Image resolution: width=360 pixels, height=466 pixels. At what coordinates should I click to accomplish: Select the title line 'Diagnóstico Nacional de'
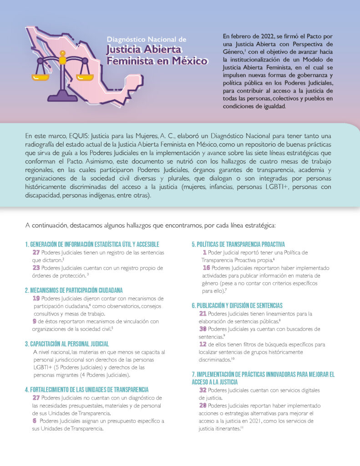(x=147, y=40)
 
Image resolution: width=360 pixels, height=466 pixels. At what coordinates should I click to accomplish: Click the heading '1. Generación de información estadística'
(x=92, y=244)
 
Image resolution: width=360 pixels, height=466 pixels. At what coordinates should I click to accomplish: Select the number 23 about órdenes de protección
(x=36, y=268)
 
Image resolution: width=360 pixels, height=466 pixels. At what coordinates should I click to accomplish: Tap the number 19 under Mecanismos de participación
(x=36, y=298)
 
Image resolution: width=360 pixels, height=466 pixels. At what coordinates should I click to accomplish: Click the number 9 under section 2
(x=35, y=321)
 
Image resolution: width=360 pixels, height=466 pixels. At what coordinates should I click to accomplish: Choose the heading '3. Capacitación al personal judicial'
(x=67, y=344)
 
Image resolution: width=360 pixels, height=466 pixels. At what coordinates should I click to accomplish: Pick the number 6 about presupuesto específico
(x=35, y=421)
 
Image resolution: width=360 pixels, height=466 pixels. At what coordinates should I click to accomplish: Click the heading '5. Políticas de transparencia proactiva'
(x=238, y=244)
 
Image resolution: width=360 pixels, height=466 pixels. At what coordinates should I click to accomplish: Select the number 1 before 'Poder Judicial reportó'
(x=205, y=252)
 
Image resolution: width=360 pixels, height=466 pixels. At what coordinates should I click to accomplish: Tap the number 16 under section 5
(x=206, y=268)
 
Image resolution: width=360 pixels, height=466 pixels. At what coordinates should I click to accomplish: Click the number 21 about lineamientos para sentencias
(x=203, y=313)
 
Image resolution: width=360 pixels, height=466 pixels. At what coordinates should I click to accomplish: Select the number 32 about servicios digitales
(x=203, y=390)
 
